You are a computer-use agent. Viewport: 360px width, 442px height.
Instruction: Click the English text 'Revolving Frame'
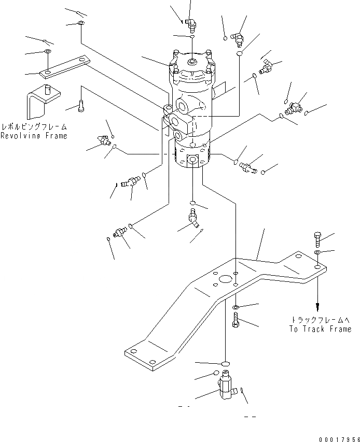pos(34,136)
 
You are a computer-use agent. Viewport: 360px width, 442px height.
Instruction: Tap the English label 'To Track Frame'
pos(320,329)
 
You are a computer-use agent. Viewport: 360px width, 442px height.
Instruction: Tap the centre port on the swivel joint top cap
pos(192,63)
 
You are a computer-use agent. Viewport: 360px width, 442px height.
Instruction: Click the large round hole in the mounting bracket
pos(226,279)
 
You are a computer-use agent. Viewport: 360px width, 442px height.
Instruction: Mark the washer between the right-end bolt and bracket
pos(317,252)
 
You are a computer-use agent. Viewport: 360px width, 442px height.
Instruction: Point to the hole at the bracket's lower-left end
pos(151,362)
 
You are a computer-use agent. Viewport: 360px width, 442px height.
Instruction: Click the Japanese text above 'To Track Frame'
pos(324,320)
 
